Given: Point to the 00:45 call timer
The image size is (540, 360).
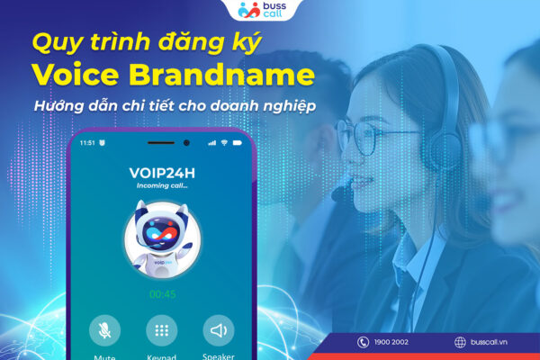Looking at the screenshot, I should coord(162,293).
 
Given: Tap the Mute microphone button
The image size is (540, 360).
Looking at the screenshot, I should coord(104,330).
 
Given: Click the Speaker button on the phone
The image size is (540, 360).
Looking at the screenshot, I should coord(219,330).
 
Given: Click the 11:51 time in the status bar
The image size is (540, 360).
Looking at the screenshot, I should coord(87,142).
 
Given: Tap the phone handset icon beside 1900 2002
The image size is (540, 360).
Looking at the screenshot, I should coord(363,342).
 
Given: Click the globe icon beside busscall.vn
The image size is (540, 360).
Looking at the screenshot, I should coord(461,342).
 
